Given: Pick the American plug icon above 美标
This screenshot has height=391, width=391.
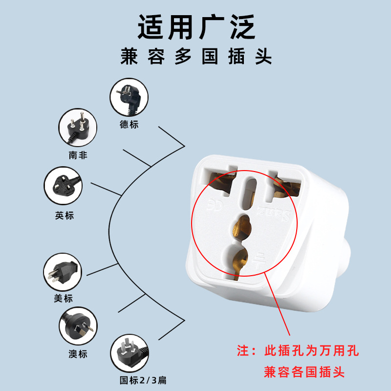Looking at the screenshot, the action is (x=63, y=272).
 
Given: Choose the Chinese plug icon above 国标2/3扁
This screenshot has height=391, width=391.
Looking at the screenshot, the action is (x=130, y=353).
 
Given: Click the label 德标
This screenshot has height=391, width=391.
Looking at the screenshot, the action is (x=129, y=124).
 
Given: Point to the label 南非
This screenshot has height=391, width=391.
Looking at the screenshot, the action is (x=78, y=155).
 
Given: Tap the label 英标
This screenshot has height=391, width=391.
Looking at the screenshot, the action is (x=64, y=215).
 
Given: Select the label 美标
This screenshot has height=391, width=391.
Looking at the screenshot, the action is (x=63, y=299).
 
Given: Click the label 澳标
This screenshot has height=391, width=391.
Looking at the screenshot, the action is (x=78, y=354).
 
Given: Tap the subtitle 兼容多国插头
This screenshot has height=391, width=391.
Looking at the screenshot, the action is (x=196, y=57).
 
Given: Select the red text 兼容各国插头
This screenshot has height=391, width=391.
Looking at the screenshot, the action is (x=304, y=372).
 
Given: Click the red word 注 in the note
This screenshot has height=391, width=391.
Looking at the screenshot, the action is (x=243, y=351).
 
